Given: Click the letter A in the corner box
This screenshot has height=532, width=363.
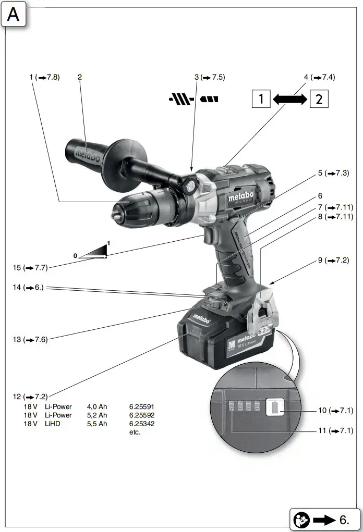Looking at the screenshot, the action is [13, 15].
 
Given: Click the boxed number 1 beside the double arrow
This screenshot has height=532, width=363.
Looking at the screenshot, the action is [261, 98].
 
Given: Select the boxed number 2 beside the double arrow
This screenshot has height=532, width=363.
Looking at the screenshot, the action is [319, 98].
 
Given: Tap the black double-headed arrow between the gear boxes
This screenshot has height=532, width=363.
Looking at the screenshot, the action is [290, 99].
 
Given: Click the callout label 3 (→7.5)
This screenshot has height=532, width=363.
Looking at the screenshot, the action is [210, 77].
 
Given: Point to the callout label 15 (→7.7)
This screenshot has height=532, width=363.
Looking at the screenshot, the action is [30, 268].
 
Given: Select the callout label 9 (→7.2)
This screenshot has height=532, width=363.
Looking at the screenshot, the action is [333, 260].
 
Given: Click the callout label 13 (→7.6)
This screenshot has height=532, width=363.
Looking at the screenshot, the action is [30, 339].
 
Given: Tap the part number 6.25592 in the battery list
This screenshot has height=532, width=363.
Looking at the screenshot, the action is [141, 415].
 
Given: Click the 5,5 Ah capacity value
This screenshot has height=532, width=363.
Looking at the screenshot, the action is [97, 424].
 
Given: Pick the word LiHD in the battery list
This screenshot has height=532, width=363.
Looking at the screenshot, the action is [52, 424].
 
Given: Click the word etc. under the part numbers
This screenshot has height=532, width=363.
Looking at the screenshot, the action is [135, 432].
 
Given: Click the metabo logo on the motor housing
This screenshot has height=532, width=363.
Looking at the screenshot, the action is [241, 196].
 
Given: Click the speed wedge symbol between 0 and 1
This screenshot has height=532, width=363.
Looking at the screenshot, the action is [93, 252].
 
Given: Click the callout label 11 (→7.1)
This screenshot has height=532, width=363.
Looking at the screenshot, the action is [335, 431].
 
